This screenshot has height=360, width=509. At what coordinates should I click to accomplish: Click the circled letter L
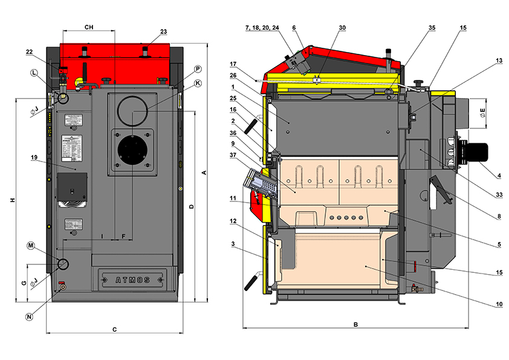tap(34, 73)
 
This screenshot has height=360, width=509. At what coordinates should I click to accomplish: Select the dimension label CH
tap(88, 27)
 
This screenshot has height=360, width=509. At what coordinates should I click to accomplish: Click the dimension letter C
tap(114, 329)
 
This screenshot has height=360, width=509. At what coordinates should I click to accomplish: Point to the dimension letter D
tap(191, 207)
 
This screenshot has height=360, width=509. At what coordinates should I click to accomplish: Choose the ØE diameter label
tap(482, 112)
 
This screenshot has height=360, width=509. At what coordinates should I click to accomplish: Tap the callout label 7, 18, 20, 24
tap(262, 28)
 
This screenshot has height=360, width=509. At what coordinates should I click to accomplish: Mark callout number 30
tap(342, 28)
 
